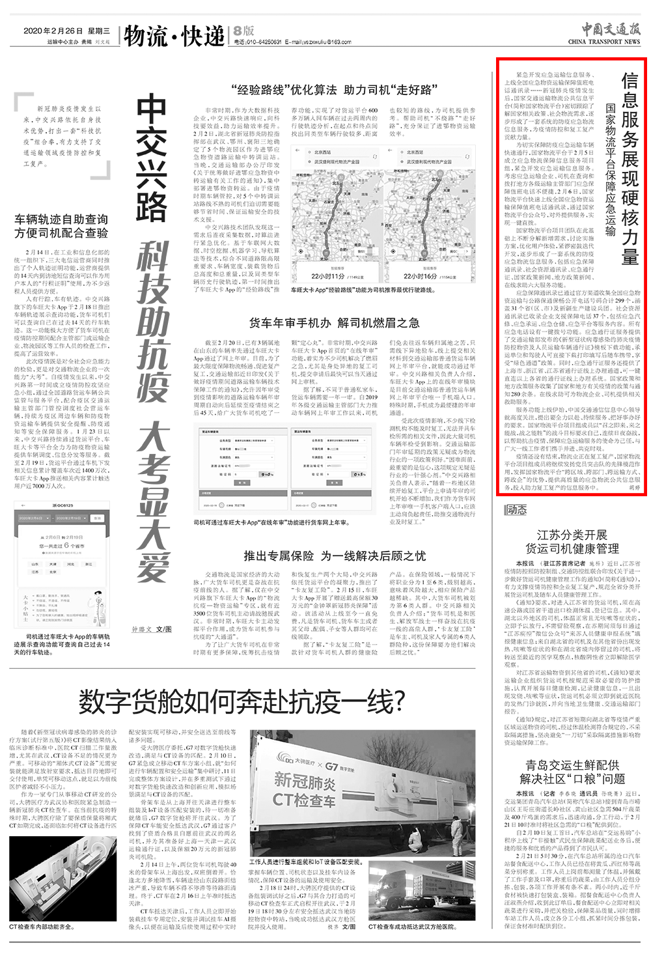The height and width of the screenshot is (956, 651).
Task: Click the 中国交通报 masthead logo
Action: [x=603, y=29]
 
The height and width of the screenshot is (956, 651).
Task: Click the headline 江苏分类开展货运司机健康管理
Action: [x=573, y=542]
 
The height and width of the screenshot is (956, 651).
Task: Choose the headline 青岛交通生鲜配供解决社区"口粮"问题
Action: [x=573, y=772]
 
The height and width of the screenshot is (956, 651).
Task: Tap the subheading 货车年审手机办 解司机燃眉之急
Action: [x=335, y=322]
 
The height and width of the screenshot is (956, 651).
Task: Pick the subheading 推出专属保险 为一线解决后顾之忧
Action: [x=335, y=555]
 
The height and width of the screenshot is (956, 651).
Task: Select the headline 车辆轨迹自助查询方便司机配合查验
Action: [x=61, y=226]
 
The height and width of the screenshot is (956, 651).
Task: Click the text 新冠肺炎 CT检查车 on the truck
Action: [x=305, y=789]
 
